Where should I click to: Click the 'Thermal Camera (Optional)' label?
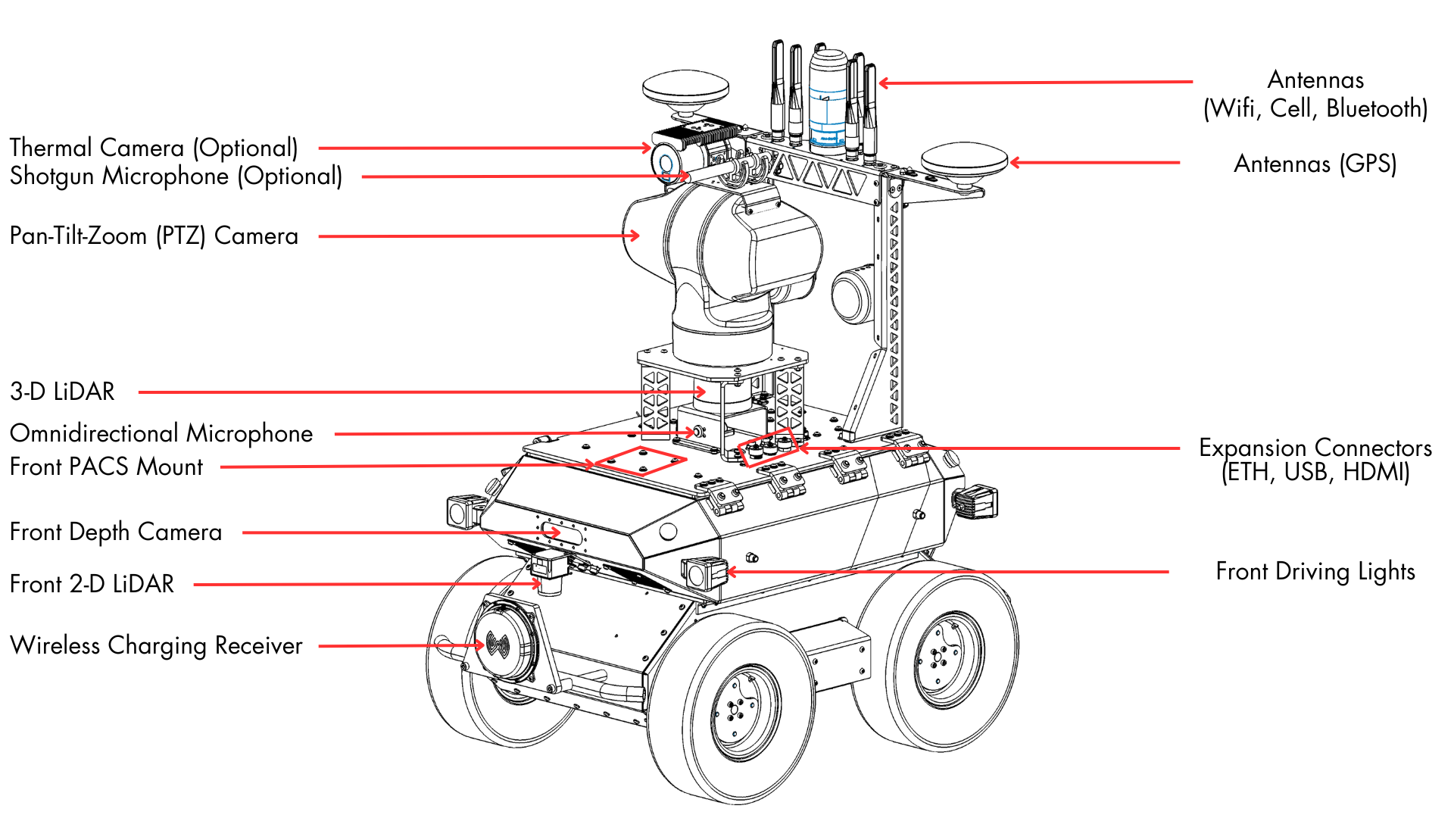click(x=154, y=148)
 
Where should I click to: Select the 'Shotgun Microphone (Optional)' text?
click(x=176, y=176)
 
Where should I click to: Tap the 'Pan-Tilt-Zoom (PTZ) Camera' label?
click(x=154, y=236)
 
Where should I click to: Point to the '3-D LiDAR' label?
click(x=62, y=392)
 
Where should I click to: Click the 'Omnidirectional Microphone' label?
click(x=161, y=433)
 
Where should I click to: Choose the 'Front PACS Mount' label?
click(x=106, y=467)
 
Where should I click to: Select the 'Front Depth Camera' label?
click(x=116, y=532)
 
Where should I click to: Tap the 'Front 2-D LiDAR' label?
click(x=92, y=584)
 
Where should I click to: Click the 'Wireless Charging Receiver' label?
click(x=156, y=645)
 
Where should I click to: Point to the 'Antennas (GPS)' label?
click(x=1315, y=164)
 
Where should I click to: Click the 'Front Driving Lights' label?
click(x=1315, y=572)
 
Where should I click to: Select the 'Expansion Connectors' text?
click(x=1315, y=448)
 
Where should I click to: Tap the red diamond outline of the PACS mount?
click(x=640, y=461)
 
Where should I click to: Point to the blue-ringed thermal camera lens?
click(x=666, y=163)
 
